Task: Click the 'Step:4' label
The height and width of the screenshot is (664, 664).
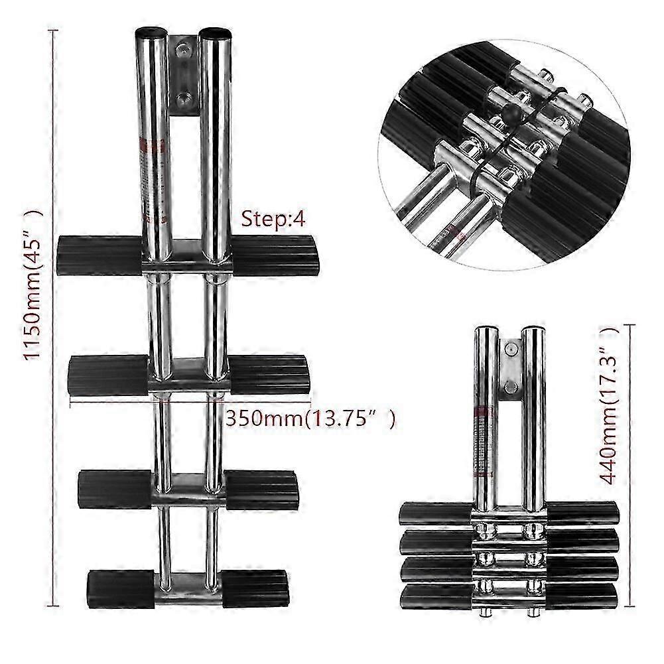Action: click(273, 220)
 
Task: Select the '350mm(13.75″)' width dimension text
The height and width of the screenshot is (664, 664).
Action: click(310, 419)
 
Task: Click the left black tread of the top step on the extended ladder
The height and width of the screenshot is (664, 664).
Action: click(100, 255)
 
